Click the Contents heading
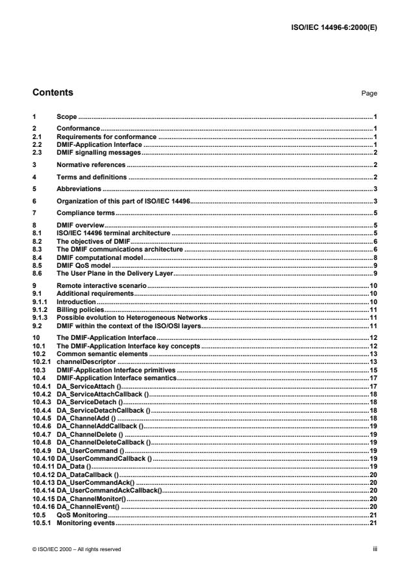(53, 93)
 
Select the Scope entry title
(67, 116)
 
